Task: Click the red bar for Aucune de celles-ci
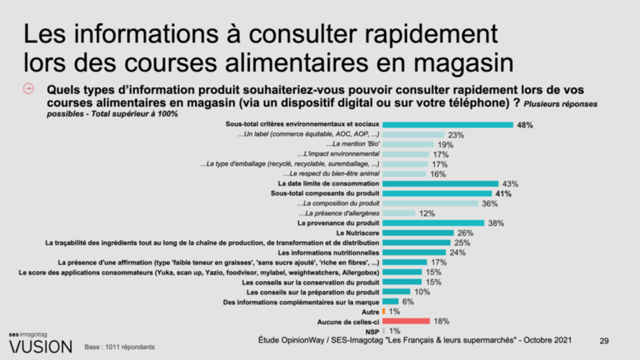(x=406, y=321)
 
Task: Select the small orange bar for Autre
(x=384, y=311)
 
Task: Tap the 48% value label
(x=525, y=125)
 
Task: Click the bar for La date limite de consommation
(x=440, y=184)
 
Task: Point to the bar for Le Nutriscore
(x=418, y=233)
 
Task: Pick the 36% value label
(x=490, y=204)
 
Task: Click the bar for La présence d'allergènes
(x=399, y=213)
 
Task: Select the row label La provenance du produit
(x=338, y=223)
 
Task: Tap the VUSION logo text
(x=41, y=347)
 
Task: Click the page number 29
(x=604, y=341)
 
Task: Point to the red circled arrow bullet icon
(x=28, y=89)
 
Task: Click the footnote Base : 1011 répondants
(x=120, y=347)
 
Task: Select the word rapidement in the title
(x=431, y=35)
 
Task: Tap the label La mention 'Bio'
(x=353, y=144)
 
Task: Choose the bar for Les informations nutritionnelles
(x=414, y=253)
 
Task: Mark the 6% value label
(x=408, y=302)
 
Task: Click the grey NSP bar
(x=384, y=331)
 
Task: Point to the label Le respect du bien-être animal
(x=331, y=174)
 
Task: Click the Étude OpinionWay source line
(x=415, y=340)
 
